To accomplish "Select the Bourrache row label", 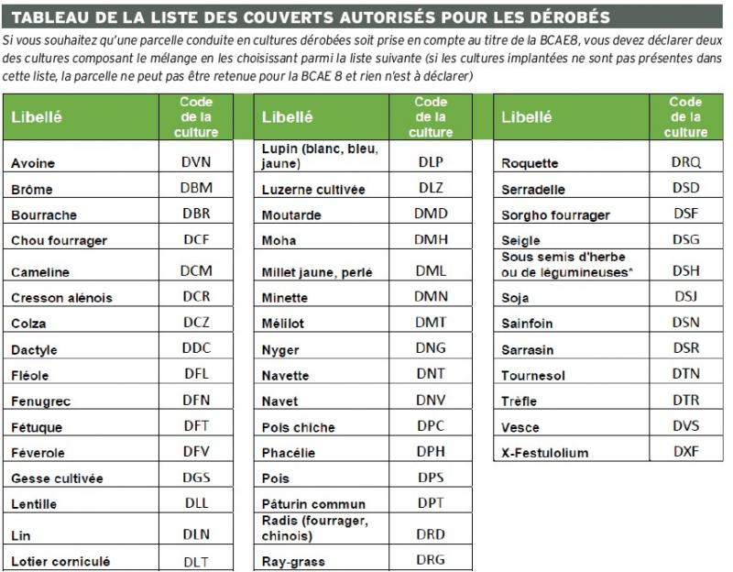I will point(44,215).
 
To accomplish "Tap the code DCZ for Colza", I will point(196,323).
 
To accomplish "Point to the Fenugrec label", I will point(41,401).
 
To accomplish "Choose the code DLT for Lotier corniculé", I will point(196,561).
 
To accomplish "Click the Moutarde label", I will point(291,215).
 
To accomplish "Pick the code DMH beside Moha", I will point(431,240).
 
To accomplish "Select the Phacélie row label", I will point(289,453).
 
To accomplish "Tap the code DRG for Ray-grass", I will point(431,560).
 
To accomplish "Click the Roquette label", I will point(530,164).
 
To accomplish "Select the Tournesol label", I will point(532,376).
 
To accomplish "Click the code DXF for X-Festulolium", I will point(685,452).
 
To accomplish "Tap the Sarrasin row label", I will point(528,350).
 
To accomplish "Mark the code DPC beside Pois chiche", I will point(431,426).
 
